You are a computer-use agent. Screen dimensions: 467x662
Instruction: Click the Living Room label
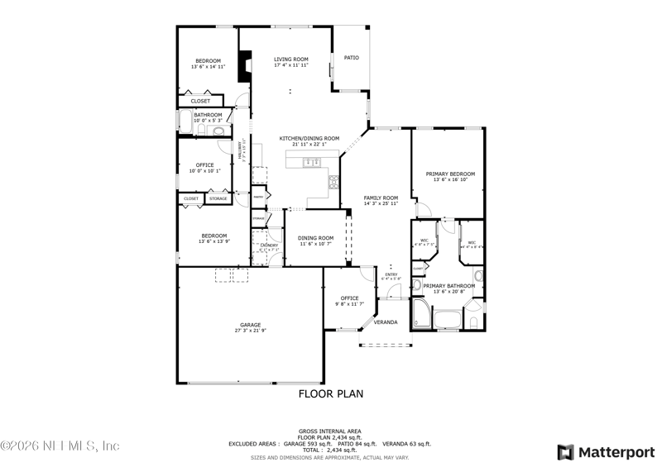[291, 60]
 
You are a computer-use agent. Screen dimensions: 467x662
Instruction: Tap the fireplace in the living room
[244, 67]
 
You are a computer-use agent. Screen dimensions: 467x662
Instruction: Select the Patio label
[351, 58]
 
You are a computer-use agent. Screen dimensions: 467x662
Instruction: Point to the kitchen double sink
[312, 163]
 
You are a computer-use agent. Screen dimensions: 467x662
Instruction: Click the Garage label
[251, 325]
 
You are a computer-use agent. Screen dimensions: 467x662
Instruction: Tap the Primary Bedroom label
[448, 174]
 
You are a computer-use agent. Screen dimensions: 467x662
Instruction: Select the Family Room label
[381, 198]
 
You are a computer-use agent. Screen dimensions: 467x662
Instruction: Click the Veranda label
[386, 322]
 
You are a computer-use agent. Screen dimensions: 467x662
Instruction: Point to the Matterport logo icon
[566, 451]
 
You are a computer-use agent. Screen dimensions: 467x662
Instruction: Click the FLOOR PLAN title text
[330, 394]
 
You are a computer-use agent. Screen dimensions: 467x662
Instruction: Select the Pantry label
[258, 198]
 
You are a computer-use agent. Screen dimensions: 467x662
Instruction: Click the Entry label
[391, 275]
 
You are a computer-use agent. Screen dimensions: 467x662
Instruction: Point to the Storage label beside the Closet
[218, 198]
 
